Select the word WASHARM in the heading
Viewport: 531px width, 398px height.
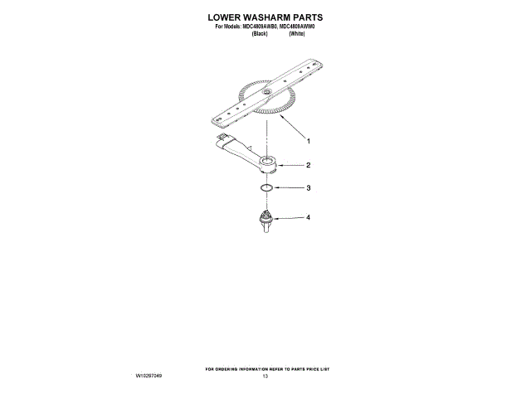click(x=270, y=17)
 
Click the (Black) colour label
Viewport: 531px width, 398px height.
click(x=259, y=33)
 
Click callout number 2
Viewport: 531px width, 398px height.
click(x=308, y=165)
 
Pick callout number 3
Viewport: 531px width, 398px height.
click(x=308, y=188)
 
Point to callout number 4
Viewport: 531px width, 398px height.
click(x=308, y=218)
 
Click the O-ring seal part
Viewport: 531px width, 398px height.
click(x=265, y=189)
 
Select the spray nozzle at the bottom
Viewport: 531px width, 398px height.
click(x=265, y=220)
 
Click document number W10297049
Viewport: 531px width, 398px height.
click(x=149, y=376)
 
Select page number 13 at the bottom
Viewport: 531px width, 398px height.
click(x=265, y=376)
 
